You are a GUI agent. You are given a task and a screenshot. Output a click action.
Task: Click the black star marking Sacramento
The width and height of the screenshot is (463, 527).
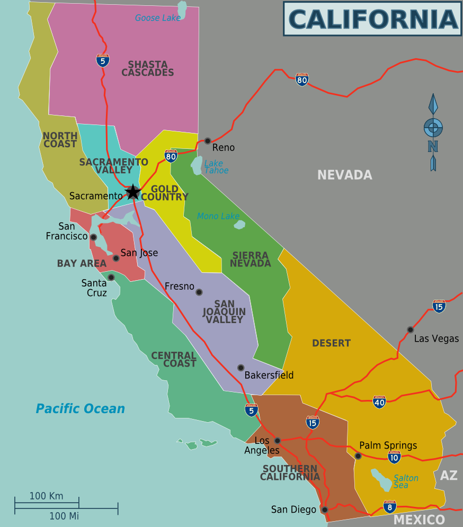click(133, 192)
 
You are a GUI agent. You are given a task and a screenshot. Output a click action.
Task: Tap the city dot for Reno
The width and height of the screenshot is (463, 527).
click(208, 141)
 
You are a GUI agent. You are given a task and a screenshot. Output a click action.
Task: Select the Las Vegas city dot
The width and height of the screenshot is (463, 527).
click(410, 329)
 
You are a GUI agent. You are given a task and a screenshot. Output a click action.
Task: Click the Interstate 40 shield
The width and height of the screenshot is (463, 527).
click(379, 402)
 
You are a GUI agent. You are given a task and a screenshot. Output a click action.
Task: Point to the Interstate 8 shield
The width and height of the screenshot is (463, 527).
click(390, 507)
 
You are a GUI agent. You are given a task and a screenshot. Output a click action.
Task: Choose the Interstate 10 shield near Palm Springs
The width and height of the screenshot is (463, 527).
click(394, 457)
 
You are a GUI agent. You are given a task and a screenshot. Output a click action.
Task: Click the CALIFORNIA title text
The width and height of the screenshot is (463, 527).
click(372, 19)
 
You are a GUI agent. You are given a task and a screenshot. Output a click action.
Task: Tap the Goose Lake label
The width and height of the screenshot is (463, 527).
click(157, 18)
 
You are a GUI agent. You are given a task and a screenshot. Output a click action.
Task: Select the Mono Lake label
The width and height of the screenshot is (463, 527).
click(218, 216)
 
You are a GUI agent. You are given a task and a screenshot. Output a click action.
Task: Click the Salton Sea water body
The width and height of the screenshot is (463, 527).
click(381, 479)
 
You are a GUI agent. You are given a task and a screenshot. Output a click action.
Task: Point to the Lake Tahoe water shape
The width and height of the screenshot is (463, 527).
click(197, 165)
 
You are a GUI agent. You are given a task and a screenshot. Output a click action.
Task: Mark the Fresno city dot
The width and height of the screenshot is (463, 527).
click(199, 292)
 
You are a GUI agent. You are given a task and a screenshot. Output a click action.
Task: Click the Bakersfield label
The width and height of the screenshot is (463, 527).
click(269, 376)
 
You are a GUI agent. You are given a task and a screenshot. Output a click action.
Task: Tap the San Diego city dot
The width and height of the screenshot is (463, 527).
click(325, 510)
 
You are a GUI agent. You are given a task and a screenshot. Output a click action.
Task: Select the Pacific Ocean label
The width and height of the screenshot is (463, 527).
click(80, 409)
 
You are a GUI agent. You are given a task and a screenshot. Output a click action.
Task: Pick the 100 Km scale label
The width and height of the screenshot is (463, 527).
click(46, 496)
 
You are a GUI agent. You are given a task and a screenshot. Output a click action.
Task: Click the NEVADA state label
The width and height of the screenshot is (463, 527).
click(344, 175)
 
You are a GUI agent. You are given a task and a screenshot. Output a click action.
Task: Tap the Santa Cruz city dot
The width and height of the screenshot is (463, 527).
click(111, 277)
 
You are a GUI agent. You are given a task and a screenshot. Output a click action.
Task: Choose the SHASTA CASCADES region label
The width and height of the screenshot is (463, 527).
click(147, 68)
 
